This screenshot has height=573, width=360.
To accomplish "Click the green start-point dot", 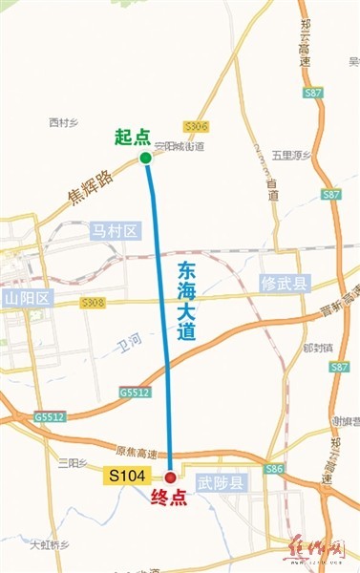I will (x=145, y=158).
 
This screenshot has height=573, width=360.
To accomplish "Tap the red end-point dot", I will (x=170, y=477).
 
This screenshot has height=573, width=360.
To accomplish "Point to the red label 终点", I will (x=168, y=497).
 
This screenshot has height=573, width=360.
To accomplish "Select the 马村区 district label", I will (x=116, y=231).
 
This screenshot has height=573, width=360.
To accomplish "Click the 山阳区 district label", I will (x=26, y=299).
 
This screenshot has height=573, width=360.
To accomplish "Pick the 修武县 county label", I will (x=286, y=284).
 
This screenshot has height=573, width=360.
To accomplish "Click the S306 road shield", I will (x=198, y=126).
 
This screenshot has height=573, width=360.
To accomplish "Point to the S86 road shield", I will (x=274, y=469).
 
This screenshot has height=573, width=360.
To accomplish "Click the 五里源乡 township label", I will (x=291, y=153).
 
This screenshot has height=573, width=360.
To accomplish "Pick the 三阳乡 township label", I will (x=72, y=462).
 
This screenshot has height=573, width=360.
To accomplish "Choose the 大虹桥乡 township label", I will (x=50, y=545).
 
